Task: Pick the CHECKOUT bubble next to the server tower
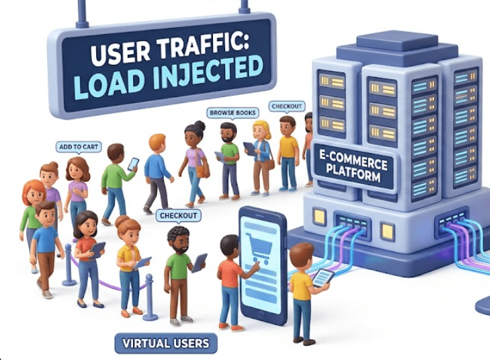287,107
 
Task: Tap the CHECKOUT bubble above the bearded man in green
178,216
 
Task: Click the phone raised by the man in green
133,164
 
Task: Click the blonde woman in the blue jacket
261,154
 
